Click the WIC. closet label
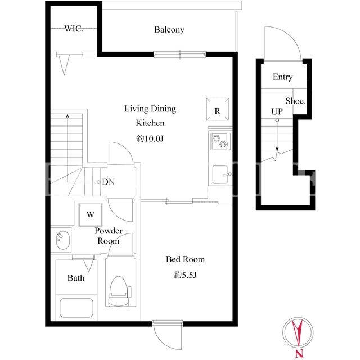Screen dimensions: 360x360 pos(74,29)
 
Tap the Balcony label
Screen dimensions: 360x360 pos(169,30)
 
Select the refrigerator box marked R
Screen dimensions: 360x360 pos(218,109)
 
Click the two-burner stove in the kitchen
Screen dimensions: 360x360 pos(220,141)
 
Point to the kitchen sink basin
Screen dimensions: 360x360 pos(220,174)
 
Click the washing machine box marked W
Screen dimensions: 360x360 pos(91,214)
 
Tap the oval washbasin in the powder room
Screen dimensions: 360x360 pos(62,240)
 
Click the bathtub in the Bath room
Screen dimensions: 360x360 pos(76,308)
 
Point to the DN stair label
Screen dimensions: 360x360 pos(109,182)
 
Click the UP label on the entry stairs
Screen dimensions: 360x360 pos(277,111)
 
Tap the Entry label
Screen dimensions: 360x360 pos(282,76)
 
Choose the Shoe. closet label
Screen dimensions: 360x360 pos(296,101)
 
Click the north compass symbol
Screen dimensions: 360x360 pos(298,332)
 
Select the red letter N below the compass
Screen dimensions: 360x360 pos(299,353)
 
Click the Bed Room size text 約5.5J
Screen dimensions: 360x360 pos(185,274)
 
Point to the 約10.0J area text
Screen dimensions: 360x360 pos(150,138)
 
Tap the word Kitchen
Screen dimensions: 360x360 pos(150,123)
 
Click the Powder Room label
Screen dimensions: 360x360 pos(109,236)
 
